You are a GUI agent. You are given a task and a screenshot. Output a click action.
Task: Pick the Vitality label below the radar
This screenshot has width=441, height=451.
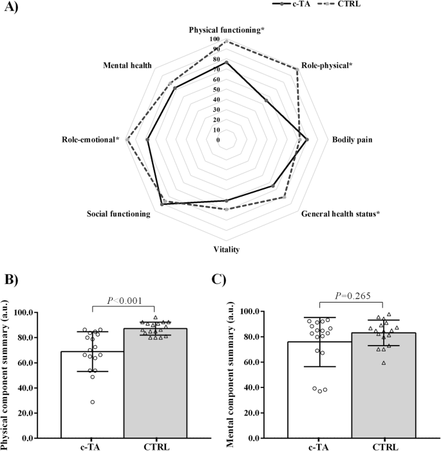pos(227,249)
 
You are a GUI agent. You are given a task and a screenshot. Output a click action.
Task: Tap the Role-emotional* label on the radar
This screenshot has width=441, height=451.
pos(91,139)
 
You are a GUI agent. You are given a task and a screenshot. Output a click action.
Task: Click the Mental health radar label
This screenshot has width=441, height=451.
pos(127,66)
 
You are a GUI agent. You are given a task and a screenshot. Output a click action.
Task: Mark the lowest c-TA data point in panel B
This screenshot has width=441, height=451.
pos(93,402)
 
